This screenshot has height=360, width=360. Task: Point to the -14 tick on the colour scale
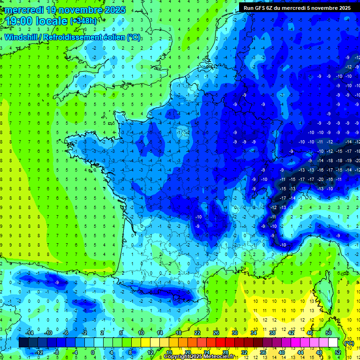(x=29, y=333)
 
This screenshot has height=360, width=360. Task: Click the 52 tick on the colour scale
(x=337, y=352)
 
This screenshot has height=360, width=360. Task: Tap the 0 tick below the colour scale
(x=93, y=352)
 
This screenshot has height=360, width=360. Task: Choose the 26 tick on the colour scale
(x=216, y=333)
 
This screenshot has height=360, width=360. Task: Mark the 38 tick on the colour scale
(x=272, y=333)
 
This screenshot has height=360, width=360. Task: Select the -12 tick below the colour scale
(x=38, y=352)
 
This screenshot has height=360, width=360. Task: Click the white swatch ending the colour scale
(x=333, y=343)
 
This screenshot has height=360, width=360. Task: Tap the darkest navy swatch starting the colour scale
(x=24, y=343)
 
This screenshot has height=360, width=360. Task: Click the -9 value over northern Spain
(x=57, y=283)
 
